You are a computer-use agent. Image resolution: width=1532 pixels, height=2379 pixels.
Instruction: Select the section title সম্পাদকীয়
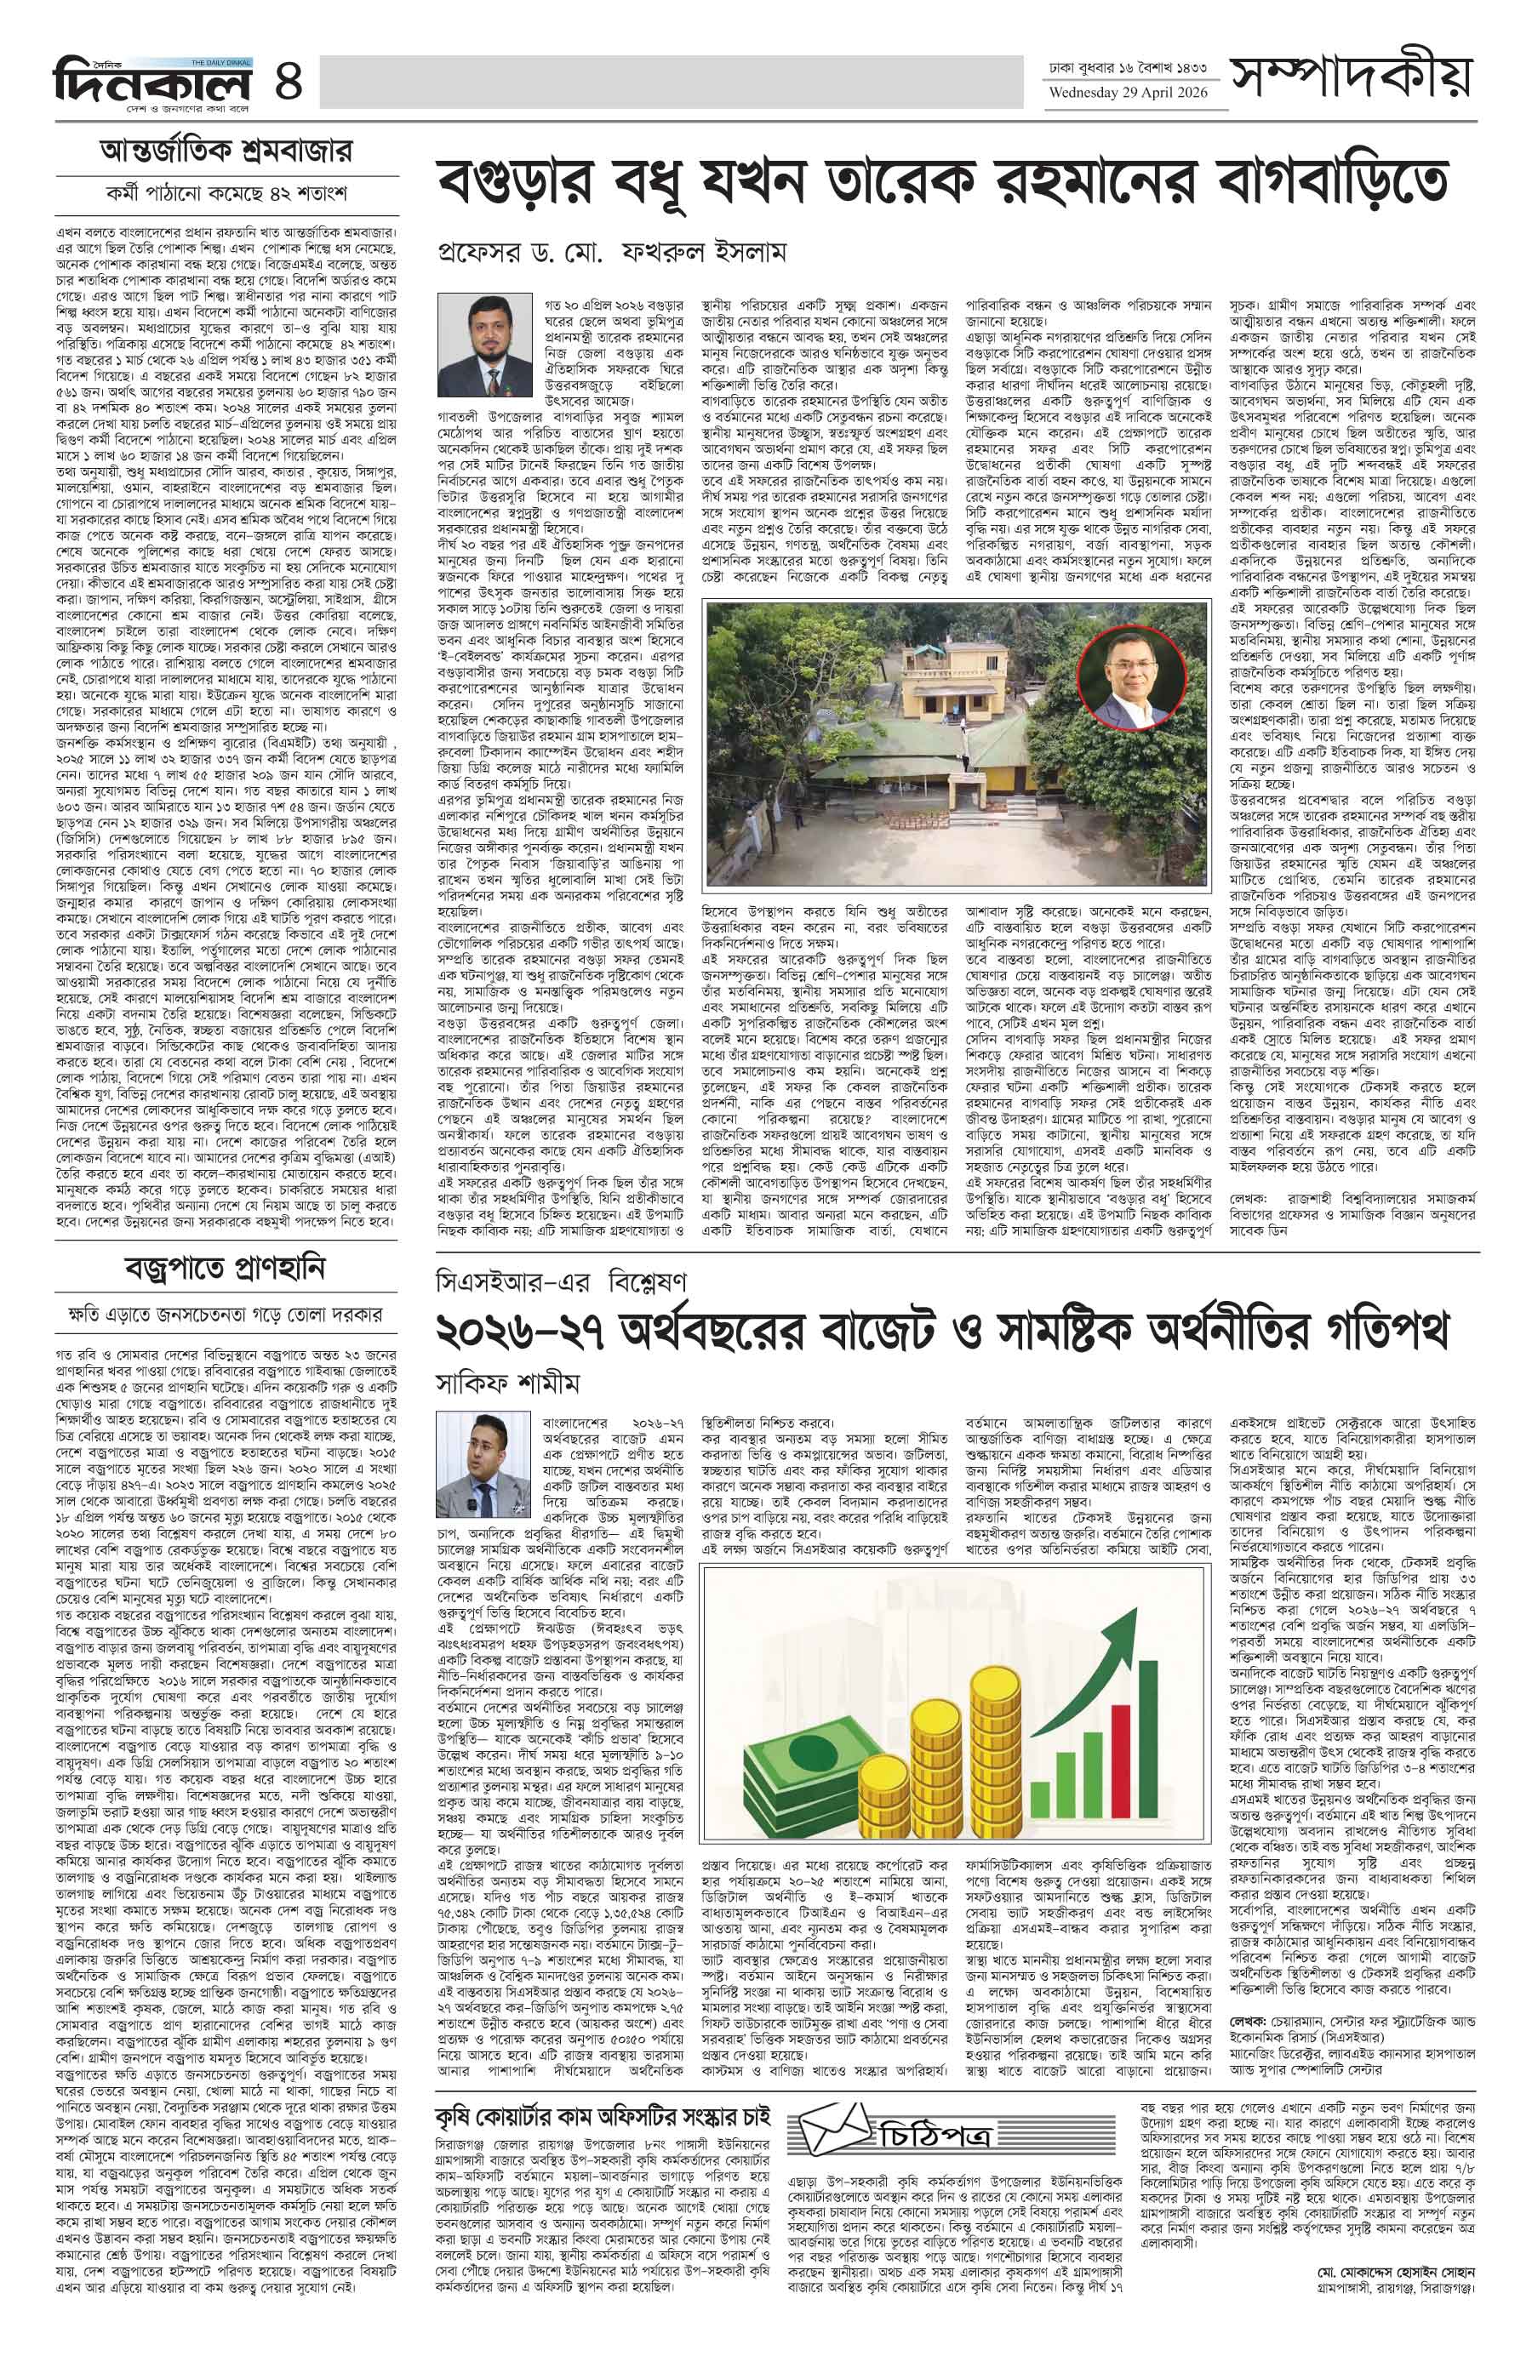click(1350, 77)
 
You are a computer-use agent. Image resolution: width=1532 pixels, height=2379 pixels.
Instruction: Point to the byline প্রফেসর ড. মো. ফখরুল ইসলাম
click(612, 253)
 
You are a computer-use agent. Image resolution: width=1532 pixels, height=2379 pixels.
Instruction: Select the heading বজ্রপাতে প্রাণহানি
click(226, 1269)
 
